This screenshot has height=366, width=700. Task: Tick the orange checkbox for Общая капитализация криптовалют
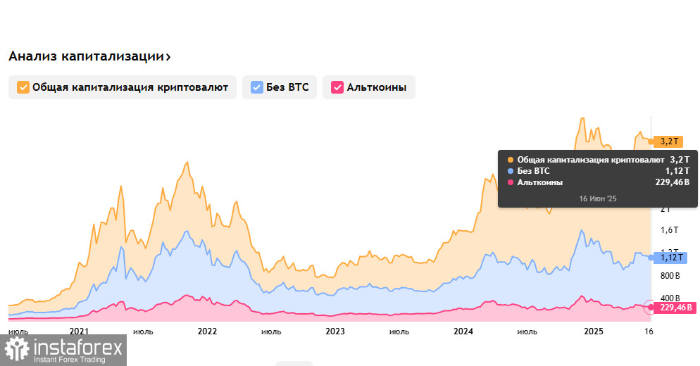click(x=23, y=87)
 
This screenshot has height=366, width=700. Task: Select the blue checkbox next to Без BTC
click(x=257, y=87)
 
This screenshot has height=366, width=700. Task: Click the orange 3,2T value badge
click(x=669, y=141)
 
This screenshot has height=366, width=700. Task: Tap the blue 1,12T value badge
click(x=669, y=258)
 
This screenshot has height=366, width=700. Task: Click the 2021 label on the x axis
click(x=79, y=332)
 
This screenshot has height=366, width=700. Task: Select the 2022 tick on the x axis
click(x=207, y=332)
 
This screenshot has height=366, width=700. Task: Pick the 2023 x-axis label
click(x=335, y=332)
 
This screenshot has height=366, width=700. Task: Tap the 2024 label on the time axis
click(x=463, y=332)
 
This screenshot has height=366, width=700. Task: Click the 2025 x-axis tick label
click(x=594, y=332)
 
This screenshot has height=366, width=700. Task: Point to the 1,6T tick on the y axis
click(x=669, y=230)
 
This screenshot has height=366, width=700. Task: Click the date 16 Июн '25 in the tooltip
click(x=597, y=199)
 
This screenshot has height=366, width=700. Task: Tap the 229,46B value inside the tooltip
click(x=672, y=182)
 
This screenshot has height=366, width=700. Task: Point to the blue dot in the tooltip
click(x=510, y=171)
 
